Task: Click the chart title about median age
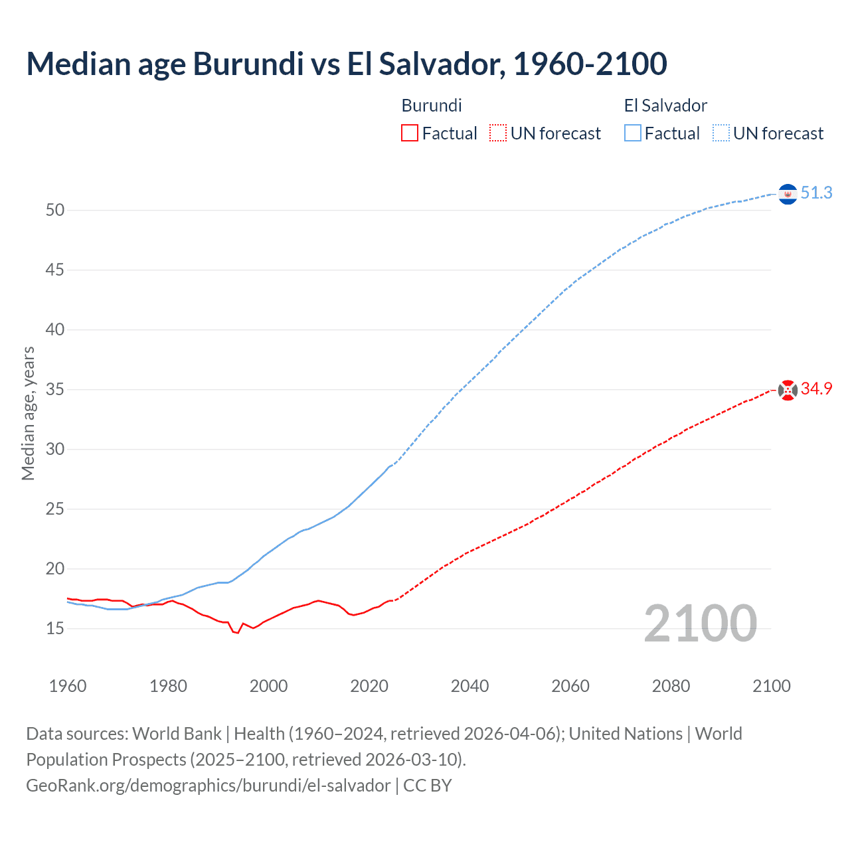pyautogui.click(x=346, y=64)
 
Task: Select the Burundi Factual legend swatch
pyautogui.click(x=410, y=133)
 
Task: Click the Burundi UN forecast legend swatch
pyautogui.click(x=498, y=133)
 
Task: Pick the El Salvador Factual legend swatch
pyautogui.click(x=632, y=133)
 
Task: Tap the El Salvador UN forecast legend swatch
pyautogui.click(x=721, y=133)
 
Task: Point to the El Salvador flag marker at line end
pyautogui.click(x=788, y=194)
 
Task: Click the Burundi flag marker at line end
pyautogui.click(x=788, y=390)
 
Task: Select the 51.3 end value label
pyautogui.click(x=816, y=193)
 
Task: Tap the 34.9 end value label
pyautogui.click(x=816, y=389)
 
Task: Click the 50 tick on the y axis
pyautogui.click(x=55, y=211)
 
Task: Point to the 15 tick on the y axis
pyautogui.click(x=55, y=628)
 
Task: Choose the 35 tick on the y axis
pyautogui.click(x=55, y=389)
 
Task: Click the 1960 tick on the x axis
pyautogui.click(x=68, y=686)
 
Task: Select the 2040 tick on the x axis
pyautogui.click(x=469, y=686)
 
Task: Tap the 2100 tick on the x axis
pyautogui.click(x=771, y=686)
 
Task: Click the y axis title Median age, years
pyautogui.click(x=28, y=413)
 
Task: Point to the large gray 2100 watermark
pyautogui.click(x=700, y=624)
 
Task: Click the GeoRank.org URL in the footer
pyautogui.click(x=208, y=786)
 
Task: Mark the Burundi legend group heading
pyautogui.click(x=432, y=106)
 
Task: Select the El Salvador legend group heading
pyautogui.click(x=665, y=106)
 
